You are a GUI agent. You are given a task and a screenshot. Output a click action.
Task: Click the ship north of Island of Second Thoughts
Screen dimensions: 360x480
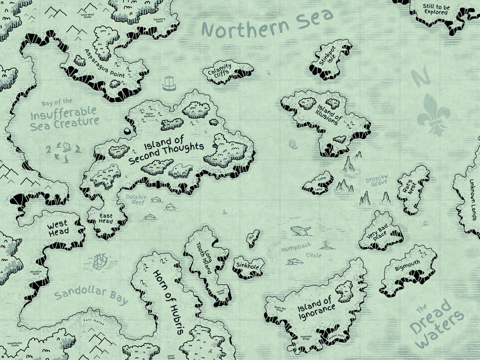169,83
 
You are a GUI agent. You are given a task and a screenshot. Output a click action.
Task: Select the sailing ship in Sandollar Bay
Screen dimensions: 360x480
100,261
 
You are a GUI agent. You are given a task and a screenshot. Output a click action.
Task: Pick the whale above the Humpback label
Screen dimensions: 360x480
300,231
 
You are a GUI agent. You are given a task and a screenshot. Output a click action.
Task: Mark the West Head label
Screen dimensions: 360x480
58,227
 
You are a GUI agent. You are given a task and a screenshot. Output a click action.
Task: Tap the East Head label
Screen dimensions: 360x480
106,218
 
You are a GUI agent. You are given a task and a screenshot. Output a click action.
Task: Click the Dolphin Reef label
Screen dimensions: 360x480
136,200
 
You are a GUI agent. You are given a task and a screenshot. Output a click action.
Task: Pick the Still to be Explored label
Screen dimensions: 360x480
436,9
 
